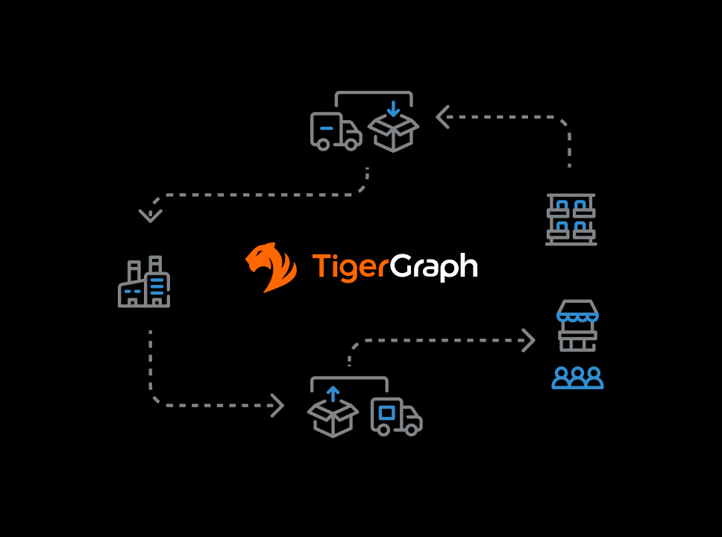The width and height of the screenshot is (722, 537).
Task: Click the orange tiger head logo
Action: coord(271,267)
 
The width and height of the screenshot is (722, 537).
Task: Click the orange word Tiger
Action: coord(351,267)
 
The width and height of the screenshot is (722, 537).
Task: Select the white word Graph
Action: coord(434,267)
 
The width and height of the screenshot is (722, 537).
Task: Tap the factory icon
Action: coord(144,281)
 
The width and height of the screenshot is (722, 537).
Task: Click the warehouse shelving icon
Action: coord(571,219)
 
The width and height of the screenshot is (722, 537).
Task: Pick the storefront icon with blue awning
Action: coord(577,326)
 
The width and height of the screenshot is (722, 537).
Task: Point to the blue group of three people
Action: coord(577,377)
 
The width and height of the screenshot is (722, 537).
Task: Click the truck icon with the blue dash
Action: coord(336,131)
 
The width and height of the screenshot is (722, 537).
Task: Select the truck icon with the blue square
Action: coord(397,416)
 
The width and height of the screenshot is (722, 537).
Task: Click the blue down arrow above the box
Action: coord(393,109)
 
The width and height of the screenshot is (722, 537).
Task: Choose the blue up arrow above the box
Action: coord(333,395)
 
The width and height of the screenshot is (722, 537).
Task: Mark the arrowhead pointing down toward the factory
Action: coord(151,216)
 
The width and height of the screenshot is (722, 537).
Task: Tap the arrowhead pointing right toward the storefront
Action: coord(529,340)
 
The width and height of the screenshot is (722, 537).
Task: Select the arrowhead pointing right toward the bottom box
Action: coord(278,405)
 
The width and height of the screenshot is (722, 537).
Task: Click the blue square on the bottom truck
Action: coord(387,412)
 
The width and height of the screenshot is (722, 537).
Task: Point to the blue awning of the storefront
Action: coord(577,317)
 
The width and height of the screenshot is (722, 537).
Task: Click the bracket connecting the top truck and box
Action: coord(374,92)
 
